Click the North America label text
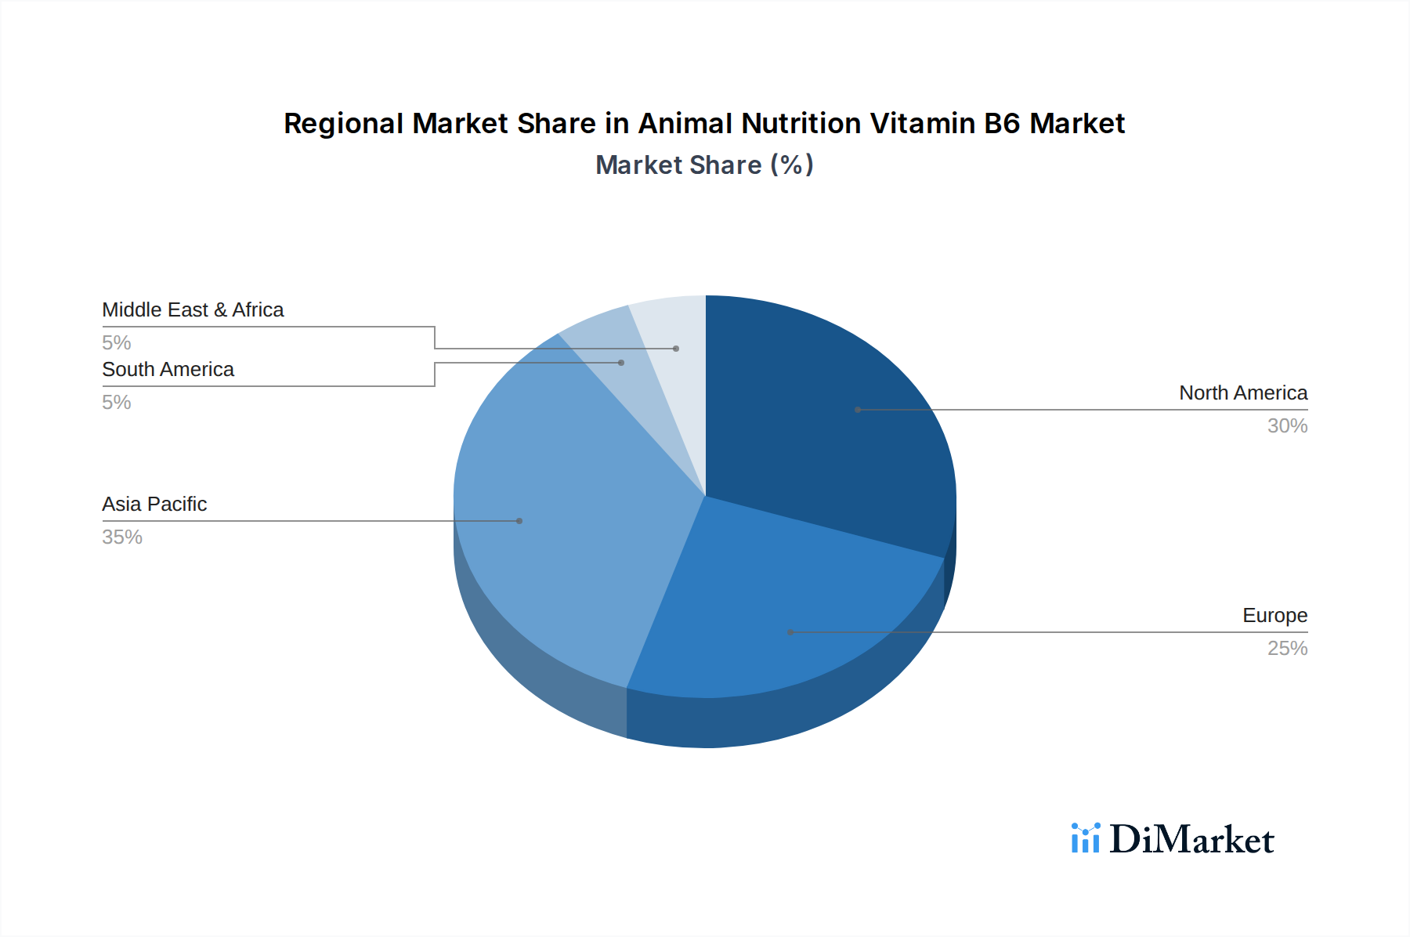click(x=1243, y=393)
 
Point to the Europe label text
click(x=1274, y=615)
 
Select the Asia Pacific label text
click(x=154, y=504)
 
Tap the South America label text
click(x=168, y=369)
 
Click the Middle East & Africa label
click(x=193, y=309)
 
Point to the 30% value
click(x=1287, y=425)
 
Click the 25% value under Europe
click(x=1287, y=648)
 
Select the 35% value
click(x=122, y=537)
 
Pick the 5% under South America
click(x=116, y=402)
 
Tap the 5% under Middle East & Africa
click(x=116, y=342)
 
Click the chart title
click(x=704, y=123)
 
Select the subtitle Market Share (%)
click(x=704, y=165)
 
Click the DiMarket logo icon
click(x=1086, y=838)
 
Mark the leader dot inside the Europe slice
click(x=790, y=631)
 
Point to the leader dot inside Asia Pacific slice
click(x=519, y=521)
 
